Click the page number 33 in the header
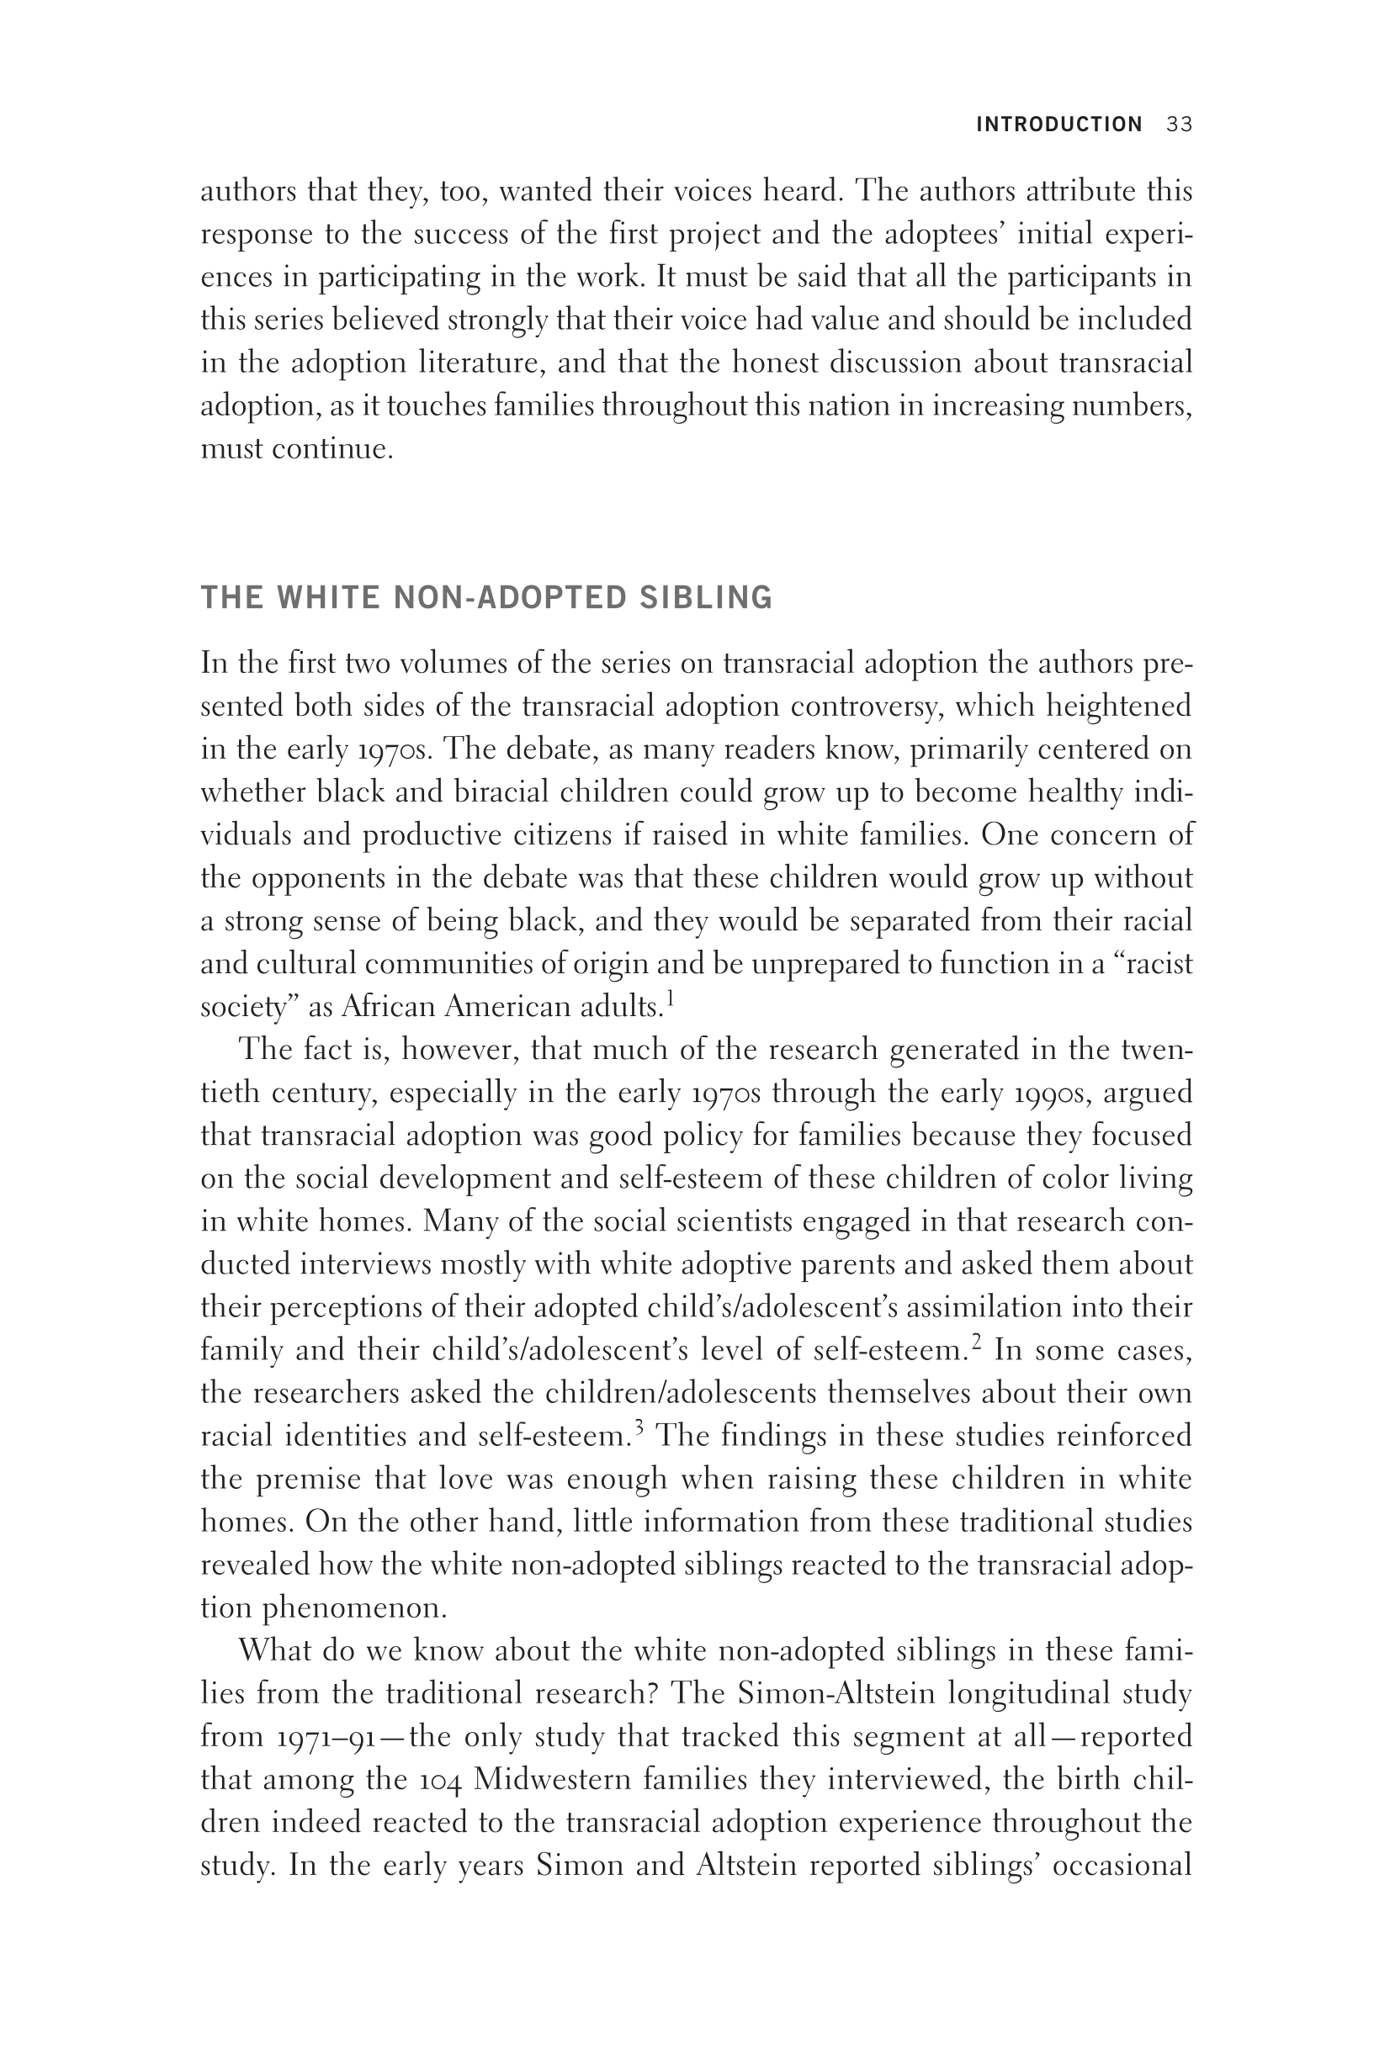[x=1180, y=124]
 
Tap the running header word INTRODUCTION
[x=1058, y=124]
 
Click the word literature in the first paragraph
[x=480, y=363]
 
